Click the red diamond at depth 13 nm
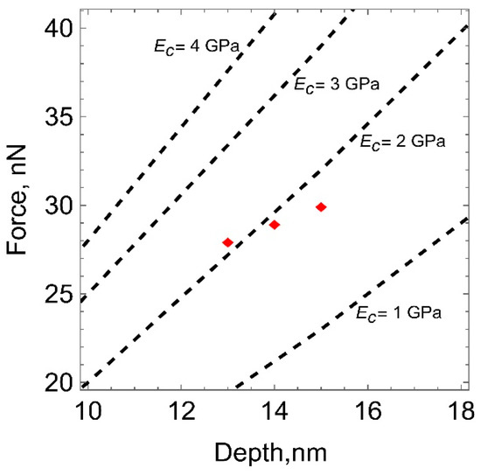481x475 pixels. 227,242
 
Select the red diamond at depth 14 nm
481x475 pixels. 275,225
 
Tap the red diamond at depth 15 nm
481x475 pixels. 321,206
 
